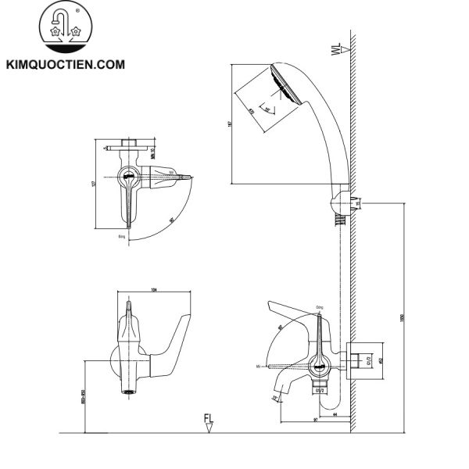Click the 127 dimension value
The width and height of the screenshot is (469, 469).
click(x=93, y=184)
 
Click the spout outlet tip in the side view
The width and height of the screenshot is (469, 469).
click(x=274, y=399)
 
